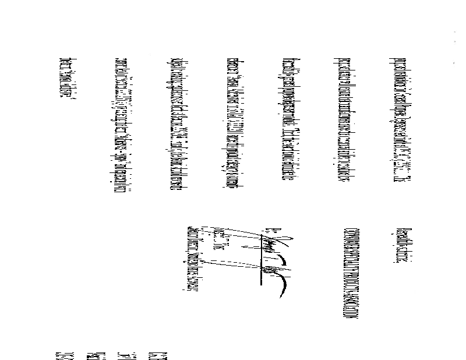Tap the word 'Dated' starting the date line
pos(65,63)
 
